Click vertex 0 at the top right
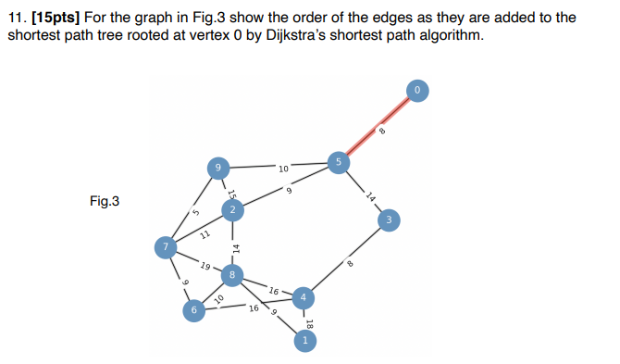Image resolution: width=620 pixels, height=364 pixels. click(417, 90)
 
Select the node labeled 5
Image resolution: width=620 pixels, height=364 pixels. click(338, 162)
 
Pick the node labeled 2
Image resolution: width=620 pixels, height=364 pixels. click(232, 212)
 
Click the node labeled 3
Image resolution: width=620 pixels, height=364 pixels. click(391, 220)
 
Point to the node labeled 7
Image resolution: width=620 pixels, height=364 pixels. click(165, 247)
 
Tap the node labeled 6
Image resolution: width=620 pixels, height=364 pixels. click(194, 311)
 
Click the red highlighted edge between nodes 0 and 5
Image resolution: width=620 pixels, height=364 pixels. click(378, 126)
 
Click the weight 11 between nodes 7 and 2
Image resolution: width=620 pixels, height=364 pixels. click(205, 234)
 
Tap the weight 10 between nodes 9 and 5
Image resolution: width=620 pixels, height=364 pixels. click(282, 169)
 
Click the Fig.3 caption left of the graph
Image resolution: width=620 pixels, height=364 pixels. click(104, 201)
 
